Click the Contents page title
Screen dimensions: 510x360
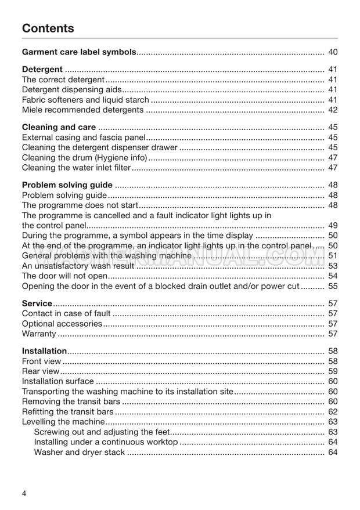click(48, 28)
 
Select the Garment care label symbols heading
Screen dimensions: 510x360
click(79, 52)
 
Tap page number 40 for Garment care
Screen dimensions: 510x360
click(333, 52)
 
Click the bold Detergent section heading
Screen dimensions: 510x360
click(42, 70)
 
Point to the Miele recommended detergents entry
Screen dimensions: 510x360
click(82, 110)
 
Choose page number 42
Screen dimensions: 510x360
click(333, 110)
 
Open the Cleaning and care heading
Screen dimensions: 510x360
click(59, 127)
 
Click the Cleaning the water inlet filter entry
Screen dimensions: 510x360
click(76, 168)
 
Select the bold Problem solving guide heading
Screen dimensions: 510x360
click(67, 185)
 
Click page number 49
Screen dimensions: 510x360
click(333, 225)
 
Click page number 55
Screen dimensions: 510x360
click(333, 286)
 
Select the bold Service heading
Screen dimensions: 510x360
click(37, 303)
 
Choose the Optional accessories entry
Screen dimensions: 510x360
click(62, 323)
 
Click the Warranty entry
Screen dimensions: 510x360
click(39, 334)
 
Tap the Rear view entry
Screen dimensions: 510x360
click(41, 371)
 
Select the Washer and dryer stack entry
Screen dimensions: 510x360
click(80, 452)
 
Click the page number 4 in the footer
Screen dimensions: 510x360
click(24, 493)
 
